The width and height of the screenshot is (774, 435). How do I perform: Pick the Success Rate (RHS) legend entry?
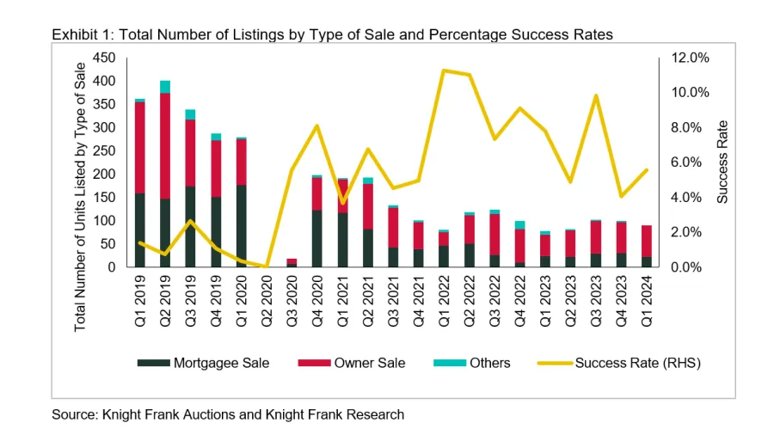pyautogui.click(x=618, y=363)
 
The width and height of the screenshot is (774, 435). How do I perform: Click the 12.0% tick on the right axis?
pyautogui.click(x=691, y=58)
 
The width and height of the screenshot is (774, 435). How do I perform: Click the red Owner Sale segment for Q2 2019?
pyautogui.click(x=164, y=146)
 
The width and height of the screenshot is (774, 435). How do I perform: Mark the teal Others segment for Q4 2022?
pyautogui.click(x=519, y=225)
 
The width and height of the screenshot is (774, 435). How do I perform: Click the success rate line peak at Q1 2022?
pyautogui.click(x=443, y=70)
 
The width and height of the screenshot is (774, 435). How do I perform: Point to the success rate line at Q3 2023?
pyautogui.click(x=595, y=95)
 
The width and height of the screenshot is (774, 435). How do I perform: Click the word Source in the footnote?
pyautogui.click(x=72, y=414)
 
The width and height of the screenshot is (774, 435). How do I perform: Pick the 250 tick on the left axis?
pyautogui.click(x=105, y=150)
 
